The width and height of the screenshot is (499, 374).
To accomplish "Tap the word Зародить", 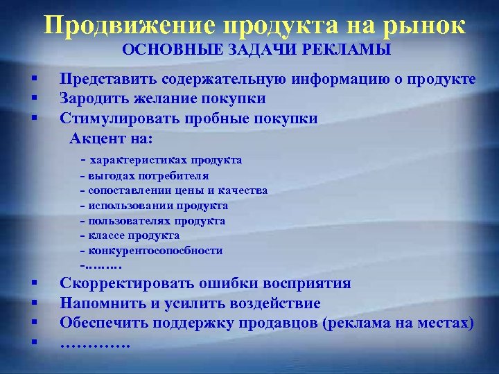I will pos(92,98).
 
